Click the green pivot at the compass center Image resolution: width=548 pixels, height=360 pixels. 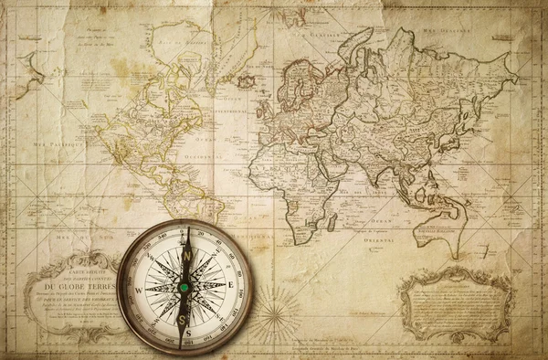(x=184, y=287)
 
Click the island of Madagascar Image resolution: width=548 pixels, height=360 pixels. (x=332, y=222)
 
